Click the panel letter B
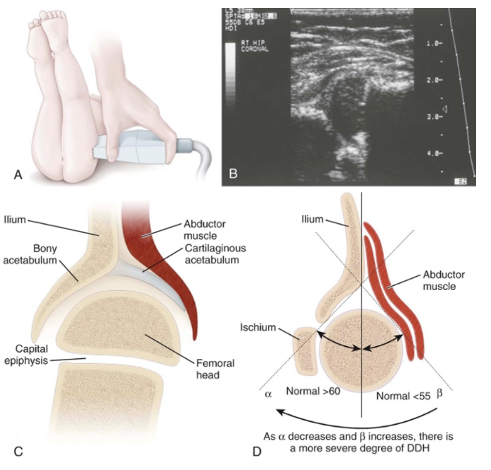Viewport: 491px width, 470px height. coord(231,175)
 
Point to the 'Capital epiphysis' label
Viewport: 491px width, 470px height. coord(27,353)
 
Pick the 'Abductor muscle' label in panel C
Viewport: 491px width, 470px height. coord(201,230)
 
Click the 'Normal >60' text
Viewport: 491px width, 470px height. coord(313,391)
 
